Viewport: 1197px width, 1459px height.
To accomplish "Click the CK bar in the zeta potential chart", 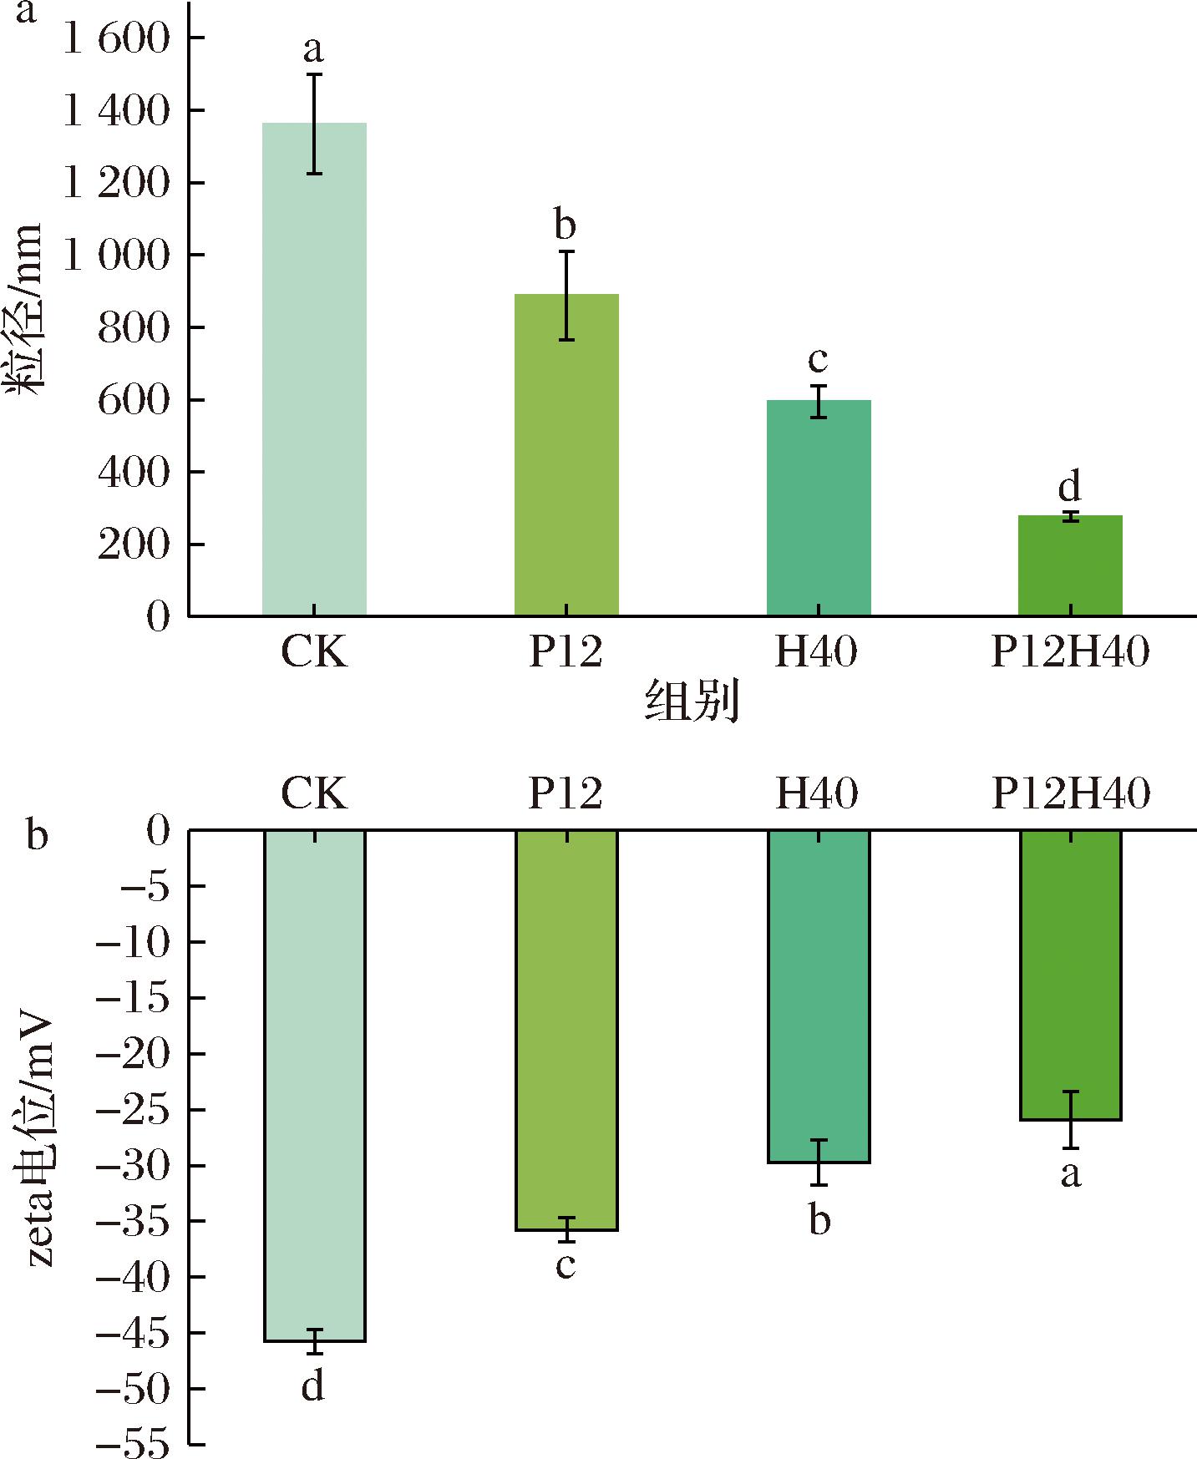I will tap(314, 1086).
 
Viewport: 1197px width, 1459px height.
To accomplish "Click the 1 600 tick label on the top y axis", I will tap(116, 39).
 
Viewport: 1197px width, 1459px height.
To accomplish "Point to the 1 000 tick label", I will tap(116, 256).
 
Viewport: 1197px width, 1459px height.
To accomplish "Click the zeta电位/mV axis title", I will tap(38, 1140).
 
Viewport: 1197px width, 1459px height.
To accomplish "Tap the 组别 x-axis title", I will tap(692, 702).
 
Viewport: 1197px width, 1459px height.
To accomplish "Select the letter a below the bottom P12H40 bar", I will tap(1070, 1174).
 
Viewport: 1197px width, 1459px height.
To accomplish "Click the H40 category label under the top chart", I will tap(816, 652).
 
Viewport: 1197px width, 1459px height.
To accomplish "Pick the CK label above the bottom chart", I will tap(314, 793).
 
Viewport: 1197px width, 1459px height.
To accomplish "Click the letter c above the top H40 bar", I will tap(818, 359).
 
